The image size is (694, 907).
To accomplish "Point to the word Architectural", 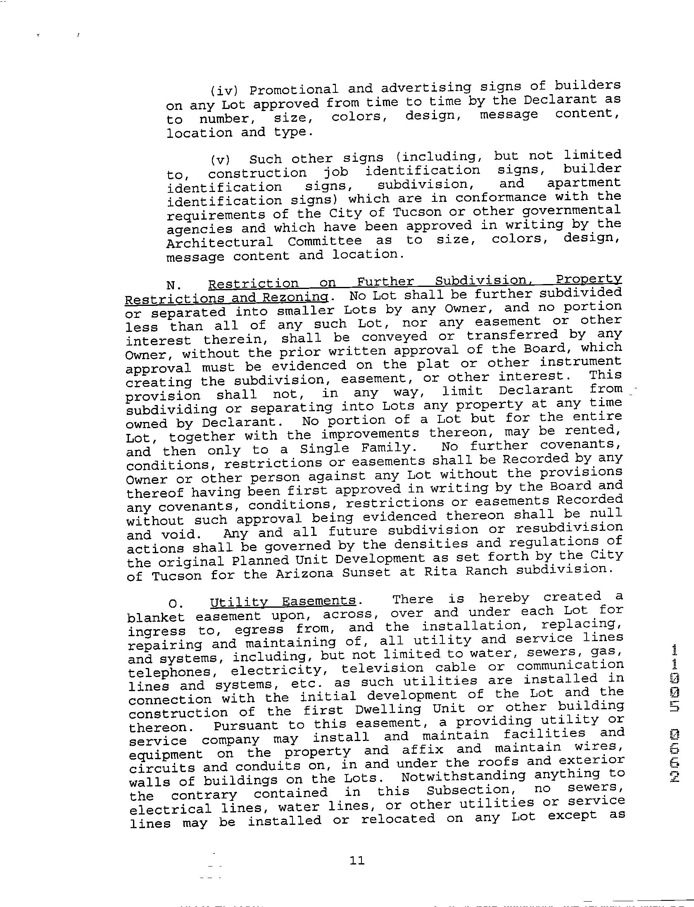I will pos(220,242).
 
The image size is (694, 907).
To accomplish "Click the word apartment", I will pos(584,183).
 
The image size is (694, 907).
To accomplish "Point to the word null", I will pos(605,513).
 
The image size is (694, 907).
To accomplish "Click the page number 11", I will pos(357,860).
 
